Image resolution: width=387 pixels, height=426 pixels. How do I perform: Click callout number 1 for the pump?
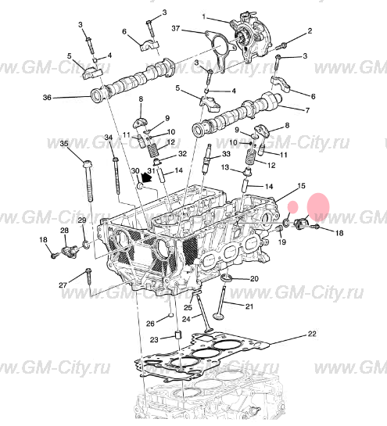205,16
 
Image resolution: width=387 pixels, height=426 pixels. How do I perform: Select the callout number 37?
176,29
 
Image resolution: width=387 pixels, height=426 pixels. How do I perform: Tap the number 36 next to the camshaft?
46,98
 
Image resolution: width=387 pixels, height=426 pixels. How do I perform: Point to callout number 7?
306,110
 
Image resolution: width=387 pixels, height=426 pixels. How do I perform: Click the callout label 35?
64,144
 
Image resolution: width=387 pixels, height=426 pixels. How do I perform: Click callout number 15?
301,185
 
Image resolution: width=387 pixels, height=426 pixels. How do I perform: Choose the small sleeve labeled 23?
177,337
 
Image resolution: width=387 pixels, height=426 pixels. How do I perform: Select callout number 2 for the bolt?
310,30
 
